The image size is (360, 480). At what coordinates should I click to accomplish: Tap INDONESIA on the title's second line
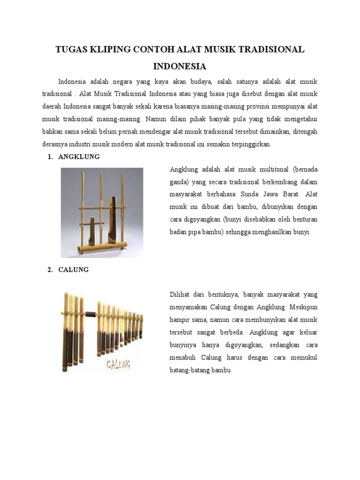point(180,66)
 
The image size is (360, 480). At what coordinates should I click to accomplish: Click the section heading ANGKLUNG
point(79,157)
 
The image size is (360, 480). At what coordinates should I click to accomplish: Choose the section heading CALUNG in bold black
point(74,270)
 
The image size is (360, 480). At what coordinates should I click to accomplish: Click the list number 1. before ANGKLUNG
point(50,157)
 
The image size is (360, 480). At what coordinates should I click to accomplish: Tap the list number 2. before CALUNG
point(50,270)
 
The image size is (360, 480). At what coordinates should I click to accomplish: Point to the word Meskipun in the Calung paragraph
point(304,307)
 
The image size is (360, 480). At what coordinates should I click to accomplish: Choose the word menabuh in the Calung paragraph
point(182,358)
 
